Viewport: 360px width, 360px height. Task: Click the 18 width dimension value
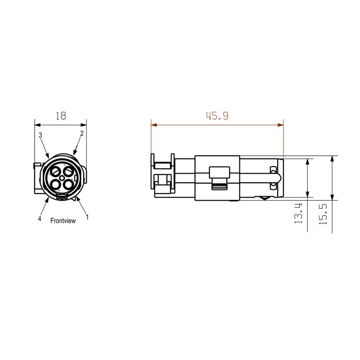pos(61,116)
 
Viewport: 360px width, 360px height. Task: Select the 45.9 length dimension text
pos(217,116)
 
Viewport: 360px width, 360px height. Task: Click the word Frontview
pos(63,220)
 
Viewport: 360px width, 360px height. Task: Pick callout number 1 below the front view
pos(87,217)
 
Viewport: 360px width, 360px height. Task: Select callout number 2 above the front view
pos(82,134)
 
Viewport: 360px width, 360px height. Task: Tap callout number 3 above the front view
pos(40,135)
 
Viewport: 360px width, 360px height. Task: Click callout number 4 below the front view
pos(40,219)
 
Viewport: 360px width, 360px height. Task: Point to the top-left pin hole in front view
pos(56,171)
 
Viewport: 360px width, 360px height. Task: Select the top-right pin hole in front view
pos(68,171)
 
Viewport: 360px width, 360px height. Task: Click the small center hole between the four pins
pos(62,177)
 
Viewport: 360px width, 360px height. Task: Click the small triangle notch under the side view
pos(264,198)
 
